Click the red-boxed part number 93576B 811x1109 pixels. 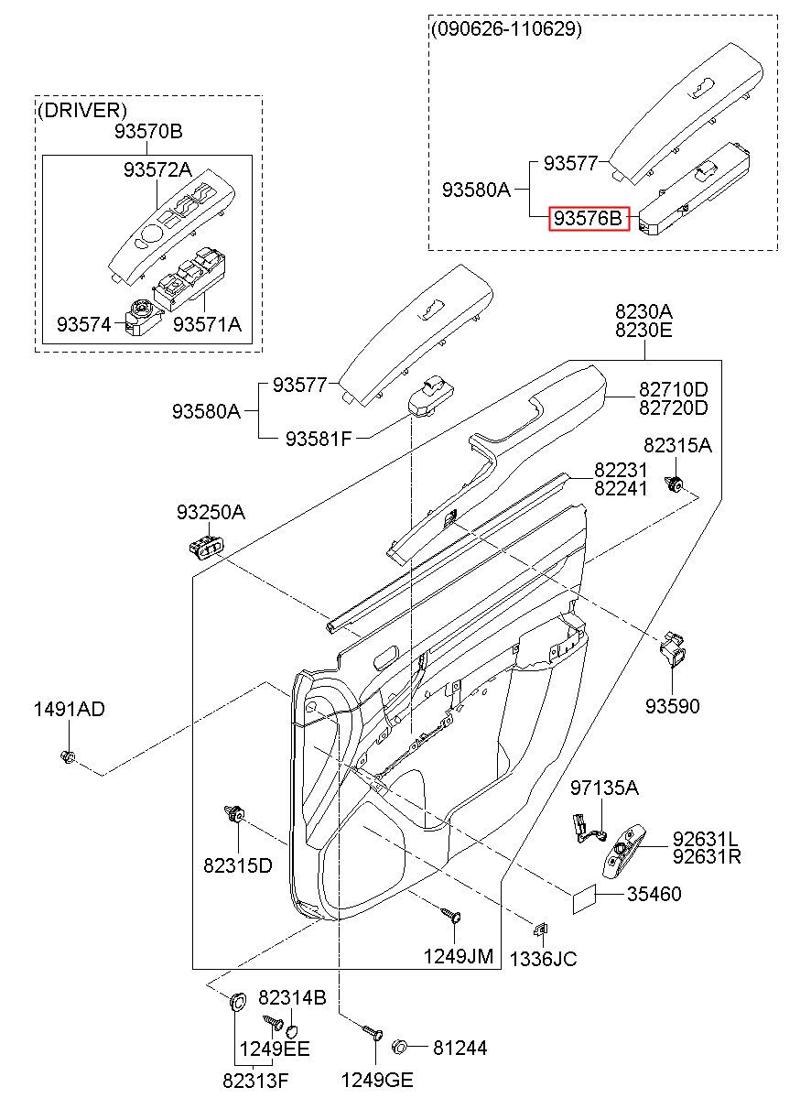click(589, 218)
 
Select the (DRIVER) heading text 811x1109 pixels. click(82, 110)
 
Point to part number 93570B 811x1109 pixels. click(148, 131)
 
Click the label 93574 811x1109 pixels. click(84, 325)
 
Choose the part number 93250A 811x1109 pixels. click(211, 513)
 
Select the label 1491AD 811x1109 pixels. click(70, 709)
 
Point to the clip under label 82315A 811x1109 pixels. click(674, 484)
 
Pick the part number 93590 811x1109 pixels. click(673, 706)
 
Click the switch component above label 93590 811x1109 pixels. click(673, 649)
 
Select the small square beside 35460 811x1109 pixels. click(584, 902)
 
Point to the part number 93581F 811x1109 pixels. click(319, 438)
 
